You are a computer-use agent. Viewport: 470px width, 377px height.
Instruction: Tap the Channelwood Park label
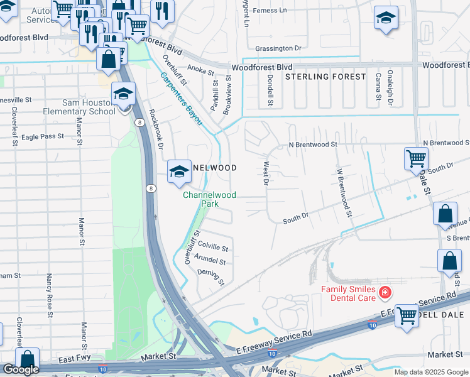click(x=209, y=199)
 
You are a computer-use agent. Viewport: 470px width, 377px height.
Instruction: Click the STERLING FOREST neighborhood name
click(x=325, y=77)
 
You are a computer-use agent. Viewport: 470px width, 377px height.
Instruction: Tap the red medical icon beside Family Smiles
click(x=385, y=292)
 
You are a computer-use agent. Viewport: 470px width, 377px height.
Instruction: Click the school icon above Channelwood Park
click(x=179, y=171)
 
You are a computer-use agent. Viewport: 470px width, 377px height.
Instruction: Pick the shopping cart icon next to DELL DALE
click(x=407, y=314)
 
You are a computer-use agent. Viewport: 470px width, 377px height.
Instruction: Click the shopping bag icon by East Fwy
click(x=27, y=360)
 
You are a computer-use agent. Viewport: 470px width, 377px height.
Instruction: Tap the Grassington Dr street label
click(x=278, y=48)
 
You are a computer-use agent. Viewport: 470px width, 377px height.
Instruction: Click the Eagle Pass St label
click(x=43, y=136)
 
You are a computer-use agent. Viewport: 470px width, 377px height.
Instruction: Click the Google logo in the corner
click(x=21, y=369)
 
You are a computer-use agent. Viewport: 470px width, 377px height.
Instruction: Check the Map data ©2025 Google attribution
click(x=431, y=372)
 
